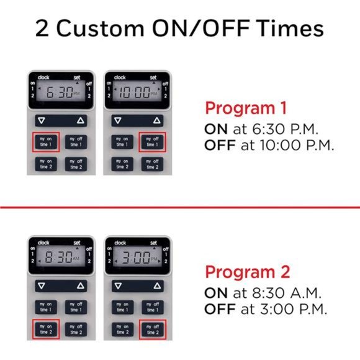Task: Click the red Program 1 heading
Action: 246,108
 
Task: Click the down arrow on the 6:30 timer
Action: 42,120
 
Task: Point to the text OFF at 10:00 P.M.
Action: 269,146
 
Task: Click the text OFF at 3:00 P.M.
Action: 266,309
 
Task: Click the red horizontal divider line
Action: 180,207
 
